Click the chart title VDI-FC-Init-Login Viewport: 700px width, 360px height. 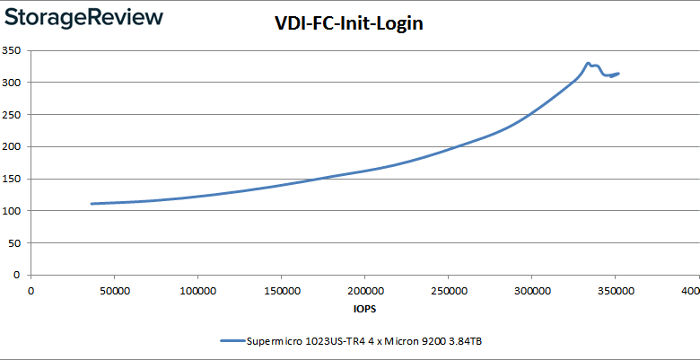point(348,24)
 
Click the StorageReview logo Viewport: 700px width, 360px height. point(84,17)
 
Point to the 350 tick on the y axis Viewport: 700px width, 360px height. point(13,50)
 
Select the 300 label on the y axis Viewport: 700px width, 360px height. point(13,83)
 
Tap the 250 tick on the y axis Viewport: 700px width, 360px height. point(13,114)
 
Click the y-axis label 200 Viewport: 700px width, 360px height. point(13,146)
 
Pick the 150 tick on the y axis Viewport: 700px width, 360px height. point(13,179)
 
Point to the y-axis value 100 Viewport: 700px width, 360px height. point(13,211)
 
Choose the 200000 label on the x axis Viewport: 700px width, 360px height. point(364,291)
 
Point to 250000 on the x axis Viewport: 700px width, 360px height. point(448,291)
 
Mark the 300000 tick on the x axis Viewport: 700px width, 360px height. point(531,291)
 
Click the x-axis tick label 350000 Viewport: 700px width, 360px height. point(615,291)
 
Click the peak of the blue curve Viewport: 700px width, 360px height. point(588,63)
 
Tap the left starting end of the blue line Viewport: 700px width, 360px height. point(92,204)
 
